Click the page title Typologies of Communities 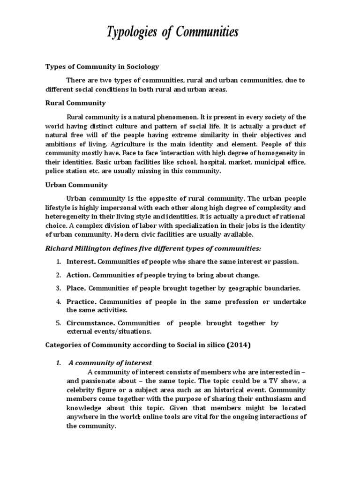pyautogui.click(x=179, y=33)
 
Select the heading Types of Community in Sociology pyautogui.click(x=102, y=67)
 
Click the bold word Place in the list pyautogui.click(x=75, y=288)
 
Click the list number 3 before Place pyautogui.click(x=59, y=288)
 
